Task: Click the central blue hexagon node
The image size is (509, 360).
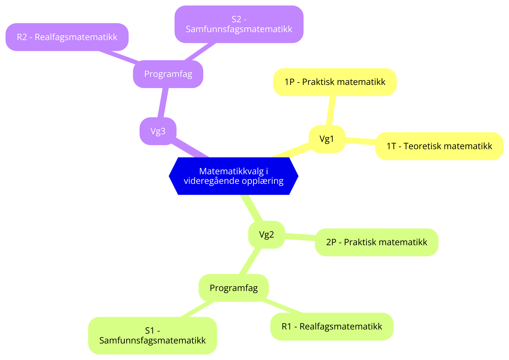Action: pyautogui.click(x=234, y=176)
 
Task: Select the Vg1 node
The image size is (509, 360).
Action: pyautogui.click(x=327, y=139)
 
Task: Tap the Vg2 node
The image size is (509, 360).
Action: pyautogui.click(x=266, y=235)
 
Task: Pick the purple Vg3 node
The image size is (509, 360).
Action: pyautogui.click(x=158, y=131)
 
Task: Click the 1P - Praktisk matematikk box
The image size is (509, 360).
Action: pyautogui.click(x=335, y=82)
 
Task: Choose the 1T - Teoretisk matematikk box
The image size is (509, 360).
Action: pyautogui.click(x=439, y=146)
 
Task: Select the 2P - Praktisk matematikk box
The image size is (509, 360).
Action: pyautogui.click(x=376, y=242)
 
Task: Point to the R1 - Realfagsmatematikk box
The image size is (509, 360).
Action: pyautogui.click(x=331, y=327)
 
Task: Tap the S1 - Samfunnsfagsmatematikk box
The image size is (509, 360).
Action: pyautogui.click(x=152, y=336)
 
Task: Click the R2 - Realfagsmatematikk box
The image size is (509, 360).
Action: pyautogui.click(x=67, y=37)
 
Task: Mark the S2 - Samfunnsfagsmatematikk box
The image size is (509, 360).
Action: pyautogui.click(x=239, y=24)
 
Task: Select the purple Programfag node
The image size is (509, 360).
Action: pyautogui.click(x=168, y=74)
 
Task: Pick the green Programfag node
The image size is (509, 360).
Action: pyautogui.click(x=234, y=288)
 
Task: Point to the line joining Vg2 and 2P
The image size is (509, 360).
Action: pyautogui.click(x=300, y=237)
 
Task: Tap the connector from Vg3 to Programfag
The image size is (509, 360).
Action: pyautogui.click(x=163, y=102)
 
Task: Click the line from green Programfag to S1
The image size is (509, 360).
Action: pyautogui.click(x=197, y=309)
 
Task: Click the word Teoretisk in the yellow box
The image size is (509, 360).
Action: pyautogui.click(x=422, y=146)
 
